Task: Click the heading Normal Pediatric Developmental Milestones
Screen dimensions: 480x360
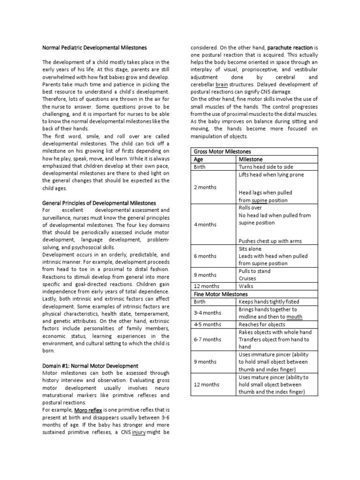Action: pos(94,48)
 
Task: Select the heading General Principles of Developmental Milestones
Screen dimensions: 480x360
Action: pos(99,203)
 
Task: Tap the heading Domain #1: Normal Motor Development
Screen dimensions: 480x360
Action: pos(90,366)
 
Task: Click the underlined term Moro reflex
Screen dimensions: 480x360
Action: pos(84,410)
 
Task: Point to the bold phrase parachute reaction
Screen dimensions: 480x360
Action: pos(290,48)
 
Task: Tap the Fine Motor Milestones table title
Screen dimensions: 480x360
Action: pos(220,293)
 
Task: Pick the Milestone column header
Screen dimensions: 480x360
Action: pos(251,159)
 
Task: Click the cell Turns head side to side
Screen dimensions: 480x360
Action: pos(266,167)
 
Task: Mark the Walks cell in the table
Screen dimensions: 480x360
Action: pos(246,285)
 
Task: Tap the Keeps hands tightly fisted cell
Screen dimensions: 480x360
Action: pos(269,301)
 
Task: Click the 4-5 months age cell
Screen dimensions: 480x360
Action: pos(207,324)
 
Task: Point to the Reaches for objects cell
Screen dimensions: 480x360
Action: pos(262,324)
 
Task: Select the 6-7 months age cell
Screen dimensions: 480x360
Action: pos(207,339)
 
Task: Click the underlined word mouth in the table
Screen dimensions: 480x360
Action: pos(294,316)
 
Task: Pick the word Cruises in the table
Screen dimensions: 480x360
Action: pos(247,278)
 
